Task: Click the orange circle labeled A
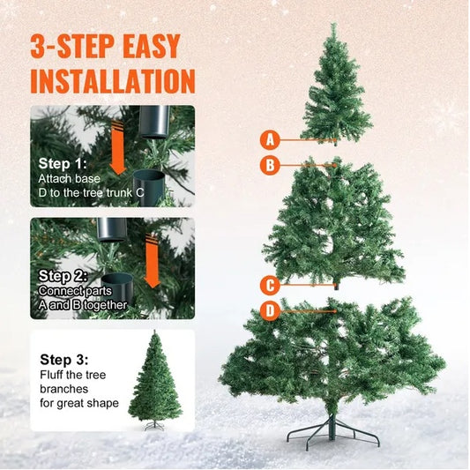point(271,138)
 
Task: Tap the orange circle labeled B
point(271,164)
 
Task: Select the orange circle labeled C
point(271,285)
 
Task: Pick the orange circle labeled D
point(271,310)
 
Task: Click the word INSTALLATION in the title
point(112,79)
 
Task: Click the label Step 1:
point(63,164)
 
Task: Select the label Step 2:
point(63,275)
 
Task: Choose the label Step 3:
point(64,359)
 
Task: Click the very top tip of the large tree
point(334,26)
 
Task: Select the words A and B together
point(83,305)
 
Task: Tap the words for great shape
point(83,404)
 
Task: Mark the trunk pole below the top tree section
point(336,139)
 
